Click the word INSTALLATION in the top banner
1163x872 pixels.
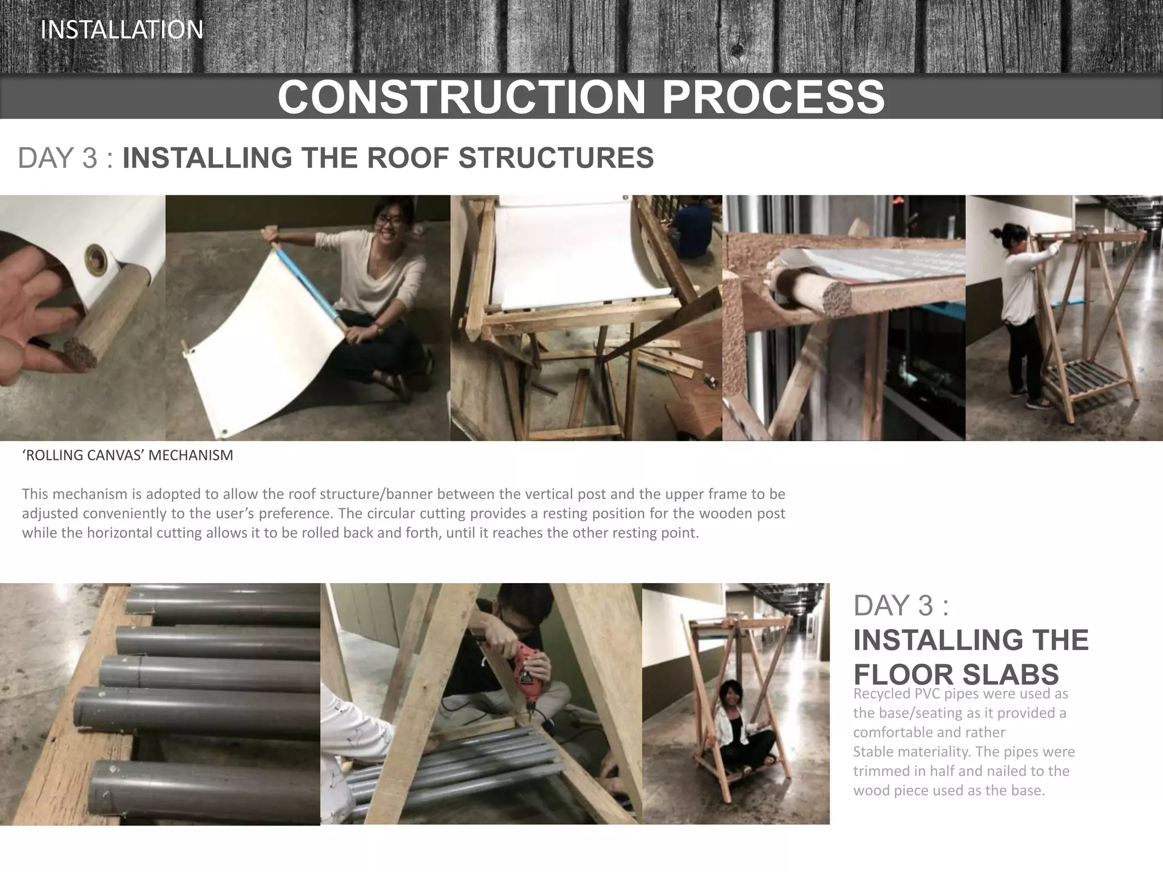pos(122,30)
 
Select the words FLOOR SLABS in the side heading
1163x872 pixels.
pos(956,674)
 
